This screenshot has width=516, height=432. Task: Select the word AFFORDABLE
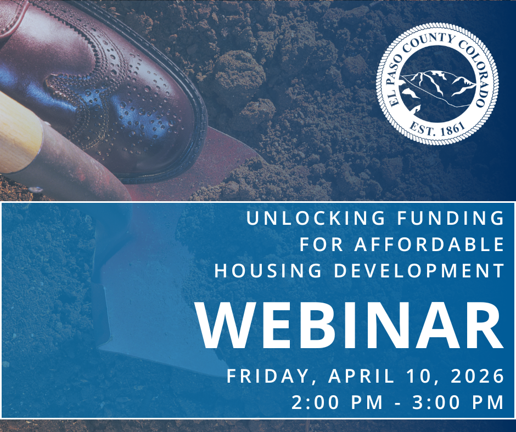[429, 244]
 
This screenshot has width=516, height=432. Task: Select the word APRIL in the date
[361, 377]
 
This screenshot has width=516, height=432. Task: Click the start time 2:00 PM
[337, 402]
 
